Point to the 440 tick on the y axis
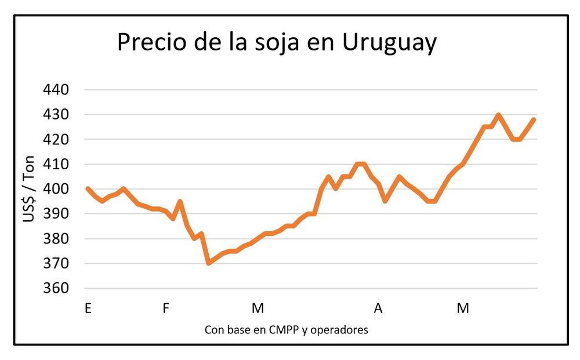56,90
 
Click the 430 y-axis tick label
56,115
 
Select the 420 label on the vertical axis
56,140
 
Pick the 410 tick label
56,165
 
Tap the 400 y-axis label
56,189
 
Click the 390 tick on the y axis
56,214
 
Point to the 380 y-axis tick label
56,239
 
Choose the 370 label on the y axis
56,264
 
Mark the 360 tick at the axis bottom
56,289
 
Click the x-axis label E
88,308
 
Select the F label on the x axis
166,308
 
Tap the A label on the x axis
378,308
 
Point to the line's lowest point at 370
209,263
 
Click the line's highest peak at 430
498,115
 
